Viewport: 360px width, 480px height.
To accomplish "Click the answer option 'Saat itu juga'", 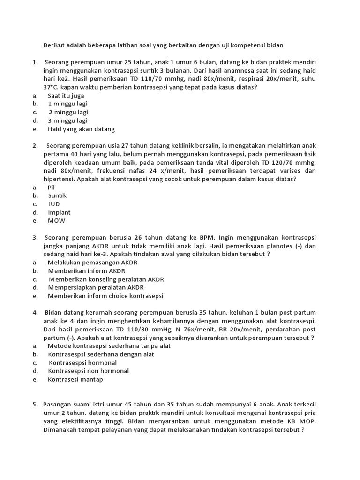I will point(66,96).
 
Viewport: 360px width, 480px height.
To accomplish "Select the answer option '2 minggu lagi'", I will point(68,112).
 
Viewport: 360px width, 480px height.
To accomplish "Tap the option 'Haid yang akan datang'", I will point(81,129).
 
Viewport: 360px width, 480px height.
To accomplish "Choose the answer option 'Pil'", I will point(52,187).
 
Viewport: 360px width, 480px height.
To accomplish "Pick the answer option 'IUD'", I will point(54,204).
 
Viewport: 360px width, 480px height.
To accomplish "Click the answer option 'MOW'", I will point(57,221).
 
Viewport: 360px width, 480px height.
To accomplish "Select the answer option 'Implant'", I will point(59,212).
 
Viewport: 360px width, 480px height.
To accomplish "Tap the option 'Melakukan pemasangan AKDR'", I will point(92,262).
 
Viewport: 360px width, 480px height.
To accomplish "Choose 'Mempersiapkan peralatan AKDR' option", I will point(96,288).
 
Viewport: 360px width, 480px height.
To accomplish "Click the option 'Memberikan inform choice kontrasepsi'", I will point(105,296).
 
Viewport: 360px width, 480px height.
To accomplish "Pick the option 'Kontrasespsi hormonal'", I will point(83,363).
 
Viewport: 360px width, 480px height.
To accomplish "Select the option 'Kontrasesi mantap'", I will point(75,380).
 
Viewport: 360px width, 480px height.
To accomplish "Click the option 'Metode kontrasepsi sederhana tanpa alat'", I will point(102,346).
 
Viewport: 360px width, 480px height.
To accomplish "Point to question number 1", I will point(35,62).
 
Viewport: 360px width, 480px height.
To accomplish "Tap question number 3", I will point(35,237).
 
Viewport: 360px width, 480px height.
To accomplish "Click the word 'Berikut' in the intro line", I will point(53,45).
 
